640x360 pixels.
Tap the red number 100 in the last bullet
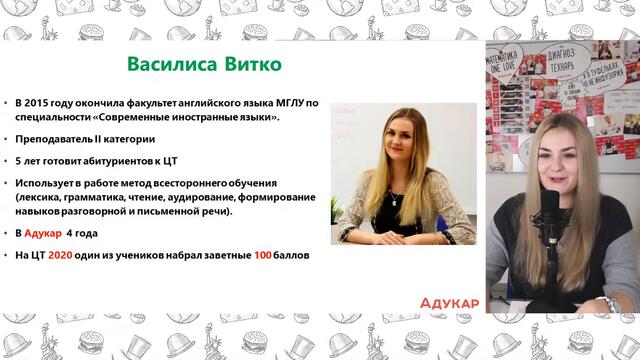(x=262, y=255)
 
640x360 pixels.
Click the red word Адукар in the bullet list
(x=44, y=233)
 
